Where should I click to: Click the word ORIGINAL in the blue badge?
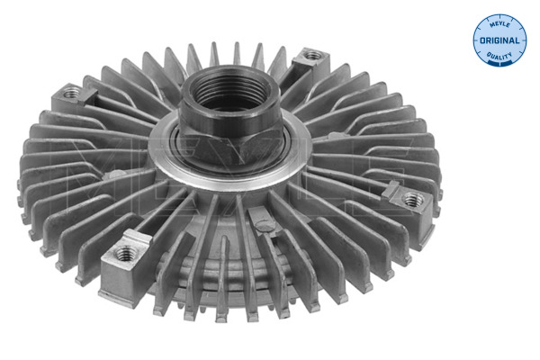point(499,40)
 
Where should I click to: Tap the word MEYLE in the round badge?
point(499,25)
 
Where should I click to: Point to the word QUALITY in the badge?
point(499,55)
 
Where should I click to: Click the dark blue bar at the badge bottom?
point(499,63)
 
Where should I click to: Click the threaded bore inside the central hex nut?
point(228,90)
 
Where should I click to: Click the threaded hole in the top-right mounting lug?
point(313,55)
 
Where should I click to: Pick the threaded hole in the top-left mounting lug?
point(71,93)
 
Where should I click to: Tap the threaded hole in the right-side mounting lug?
point(414,199)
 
